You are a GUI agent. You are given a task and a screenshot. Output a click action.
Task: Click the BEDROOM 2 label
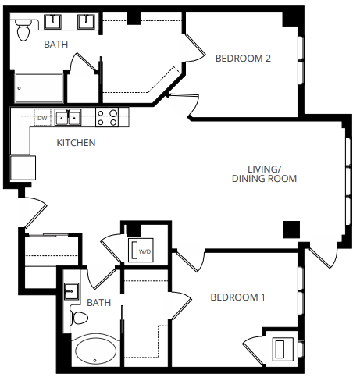click(243, 57)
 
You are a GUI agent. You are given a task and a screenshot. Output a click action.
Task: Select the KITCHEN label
click(77, 143)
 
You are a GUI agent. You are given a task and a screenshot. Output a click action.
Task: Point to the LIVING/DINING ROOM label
click(264, 173)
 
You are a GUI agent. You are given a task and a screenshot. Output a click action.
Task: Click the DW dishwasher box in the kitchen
click(44, 118)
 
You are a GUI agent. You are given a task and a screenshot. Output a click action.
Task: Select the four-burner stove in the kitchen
click(107, 118)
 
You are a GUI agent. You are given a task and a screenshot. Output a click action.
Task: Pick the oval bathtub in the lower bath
click(95, 351)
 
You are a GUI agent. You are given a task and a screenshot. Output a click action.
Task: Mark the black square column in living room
click(290, 228)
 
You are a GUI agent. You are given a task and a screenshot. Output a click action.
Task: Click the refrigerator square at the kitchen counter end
click(23, 168)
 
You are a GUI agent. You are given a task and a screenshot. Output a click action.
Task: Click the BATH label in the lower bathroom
click(99, 302)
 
